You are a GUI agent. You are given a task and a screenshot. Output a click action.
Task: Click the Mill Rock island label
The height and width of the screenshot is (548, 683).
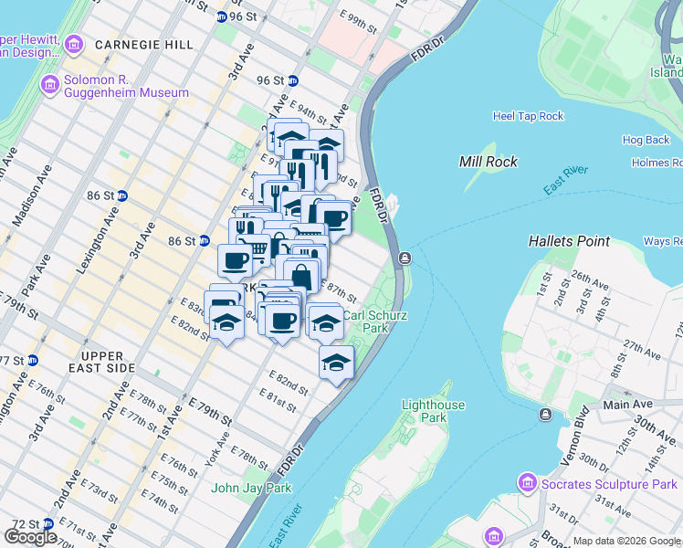488,162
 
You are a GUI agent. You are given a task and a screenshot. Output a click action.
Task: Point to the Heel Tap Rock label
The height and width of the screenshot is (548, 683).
528,116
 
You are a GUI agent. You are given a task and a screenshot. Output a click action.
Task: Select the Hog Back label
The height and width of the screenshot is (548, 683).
646,140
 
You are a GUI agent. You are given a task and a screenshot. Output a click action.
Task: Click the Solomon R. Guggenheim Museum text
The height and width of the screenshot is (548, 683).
126,92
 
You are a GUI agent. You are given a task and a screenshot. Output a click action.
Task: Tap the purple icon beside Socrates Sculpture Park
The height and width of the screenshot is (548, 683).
526,481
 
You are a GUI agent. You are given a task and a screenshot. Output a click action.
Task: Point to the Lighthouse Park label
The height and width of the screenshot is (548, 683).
434,411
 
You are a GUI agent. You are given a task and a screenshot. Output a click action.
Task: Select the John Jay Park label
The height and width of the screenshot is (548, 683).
251,488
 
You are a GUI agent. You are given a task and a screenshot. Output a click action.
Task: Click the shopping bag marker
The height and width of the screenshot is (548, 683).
300,272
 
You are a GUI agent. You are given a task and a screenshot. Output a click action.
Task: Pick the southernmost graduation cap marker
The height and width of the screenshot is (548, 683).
336,364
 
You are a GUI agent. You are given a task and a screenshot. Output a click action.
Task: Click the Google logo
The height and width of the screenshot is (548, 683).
30,537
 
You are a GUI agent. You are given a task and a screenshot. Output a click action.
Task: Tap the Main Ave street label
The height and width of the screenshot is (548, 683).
627,404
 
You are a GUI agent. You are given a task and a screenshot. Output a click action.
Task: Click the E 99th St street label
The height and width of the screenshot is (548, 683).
358,23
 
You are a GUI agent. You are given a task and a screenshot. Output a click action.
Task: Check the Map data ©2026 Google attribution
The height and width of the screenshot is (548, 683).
626,541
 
